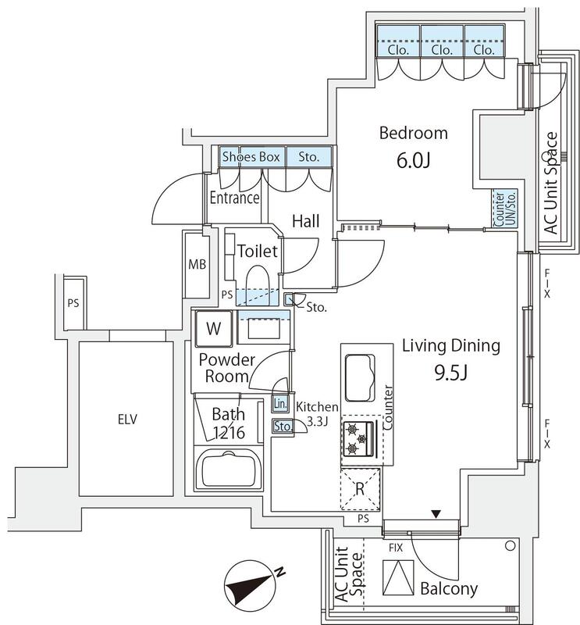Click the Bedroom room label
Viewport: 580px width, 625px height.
[414, 133]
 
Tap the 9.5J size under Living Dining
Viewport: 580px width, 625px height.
[450, 373]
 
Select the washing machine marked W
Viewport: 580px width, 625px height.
[214, 328]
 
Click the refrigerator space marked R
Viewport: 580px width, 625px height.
[360, 489]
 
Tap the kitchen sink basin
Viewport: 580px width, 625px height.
[360, 377]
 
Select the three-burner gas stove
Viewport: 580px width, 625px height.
[358, 438]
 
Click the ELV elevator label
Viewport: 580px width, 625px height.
[127, 419]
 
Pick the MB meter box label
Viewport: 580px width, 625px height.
[197, 264]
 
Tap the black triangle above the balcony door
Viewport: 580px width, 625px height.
[436, 514]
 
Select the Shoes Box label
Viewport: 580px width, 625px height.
[251, 157]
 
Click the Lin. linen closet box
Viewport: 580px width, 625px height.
[280, 404]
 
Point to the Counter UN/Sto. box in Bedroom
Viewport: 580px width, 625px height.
[505, 209]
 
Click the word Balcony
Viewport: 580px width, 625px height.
[449, 588]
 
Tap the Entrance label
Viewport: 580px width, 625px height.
[235, 198]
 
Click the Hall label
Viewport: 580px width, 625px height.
[306, 221]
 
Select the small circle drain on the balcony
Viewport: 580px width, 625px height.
[511, 545]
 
